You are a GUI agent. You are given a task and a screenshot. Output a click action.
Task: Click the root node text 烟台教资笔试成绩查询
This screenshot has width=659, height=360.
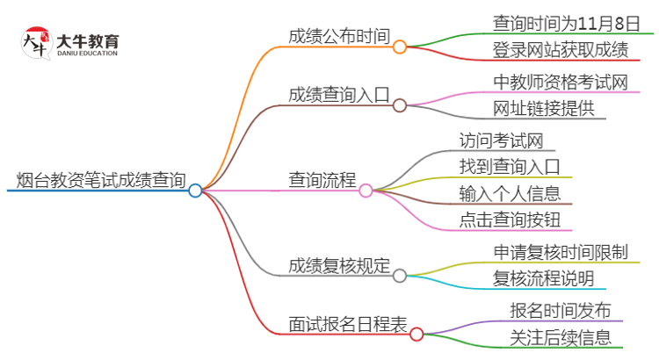point(101,181)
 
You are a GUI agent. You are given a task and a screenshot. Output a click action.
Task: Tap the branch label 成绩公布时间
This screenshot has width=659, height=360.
point(338,37)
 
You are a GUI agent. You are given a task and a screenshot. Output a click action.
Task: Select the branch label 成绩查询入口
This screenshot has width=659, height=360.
point(338,94)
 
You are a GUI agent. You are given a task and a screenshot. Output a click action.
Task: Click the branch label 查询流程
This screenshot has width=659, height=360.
point(322,180)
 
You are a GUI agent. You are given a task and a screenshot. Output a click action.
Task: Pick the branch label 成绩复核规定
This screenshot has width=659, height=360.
point(338,265)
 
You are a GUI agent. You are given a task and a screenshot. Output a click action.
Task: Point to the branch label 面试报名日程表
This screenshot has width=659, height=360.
point(348,323)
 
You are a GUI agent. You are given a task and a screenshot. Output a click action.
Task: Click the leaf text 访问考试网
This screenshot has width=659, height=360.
point(501,140)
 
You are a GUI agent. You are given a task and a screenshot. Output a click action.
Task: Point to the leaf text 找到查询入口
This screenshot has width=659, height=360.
point(510,167)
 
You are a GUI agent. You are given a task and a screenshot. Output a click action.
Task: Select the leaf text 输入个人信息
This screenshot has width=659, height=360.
point(510,193)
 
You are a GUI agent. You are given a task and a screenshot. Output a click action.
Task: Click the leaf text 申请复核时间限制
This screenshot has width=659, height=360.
point(561,253)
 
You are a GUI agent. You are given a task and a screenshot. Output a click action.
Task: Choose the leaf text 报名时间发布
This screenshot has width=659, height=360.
point(561,311)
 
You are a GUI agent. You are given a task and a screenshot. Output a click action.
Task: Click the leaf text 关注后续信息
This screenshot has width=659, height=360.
point(561,337)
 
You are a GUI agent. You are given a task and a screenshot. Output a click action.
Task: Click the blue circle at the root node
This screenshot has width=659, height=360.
point(195,190)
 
